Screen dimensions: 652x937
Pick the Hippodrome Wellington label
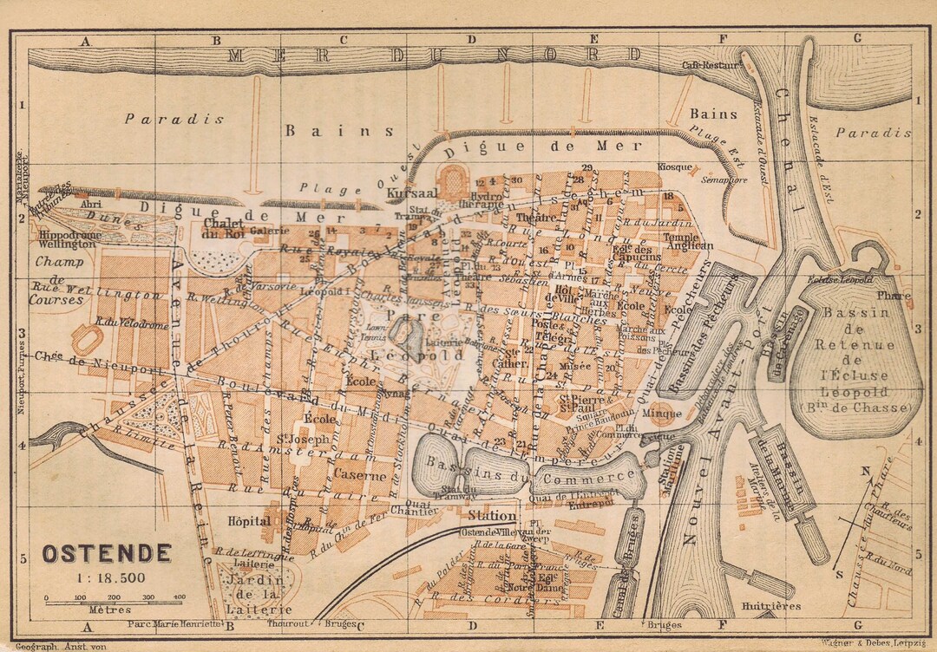[65, 239]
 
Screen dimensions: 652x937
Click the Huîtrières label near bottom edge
[771, 606]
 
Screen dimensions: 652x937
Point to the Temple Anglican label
[688, 240]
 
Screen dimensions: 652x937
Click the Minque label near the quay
[661, 414]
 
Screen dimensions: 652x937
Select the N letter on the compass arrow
[865, 473]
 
